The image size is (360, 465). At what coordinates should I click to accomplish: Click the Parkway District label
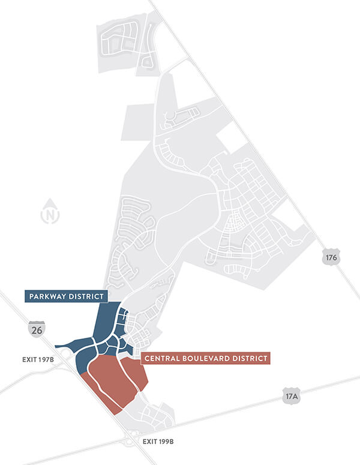(x=66, y=296)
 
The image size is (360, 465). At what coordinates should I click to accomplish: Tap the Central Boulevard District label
(x=205, y=359)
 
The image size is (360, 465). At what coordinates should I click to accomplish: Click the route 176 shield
(x=331, y=257)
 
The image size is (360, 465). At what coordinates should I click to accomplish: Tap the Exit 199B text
(x=158, y=441)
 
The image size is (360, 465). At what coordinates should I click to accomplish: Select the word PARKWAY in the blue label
(x=48, y=296)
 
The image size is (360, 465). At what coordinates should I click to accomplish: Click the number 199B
(x=166, y=441)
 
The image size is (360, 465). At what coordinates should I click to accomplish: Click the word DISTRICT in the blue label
(x=86, y=296)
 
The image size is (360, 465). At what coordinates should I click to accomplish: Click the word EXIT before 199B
(x=149, y=441)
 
